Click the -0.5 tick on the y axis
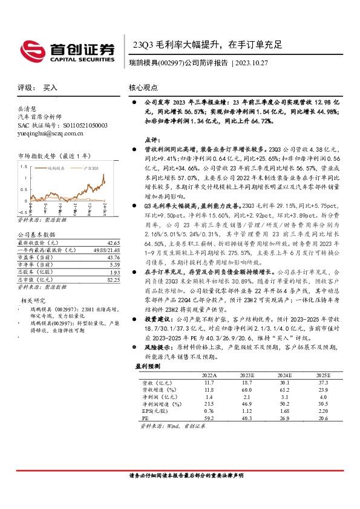22,212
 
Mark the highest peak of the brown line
104,174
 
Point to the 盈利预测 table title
148,366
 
